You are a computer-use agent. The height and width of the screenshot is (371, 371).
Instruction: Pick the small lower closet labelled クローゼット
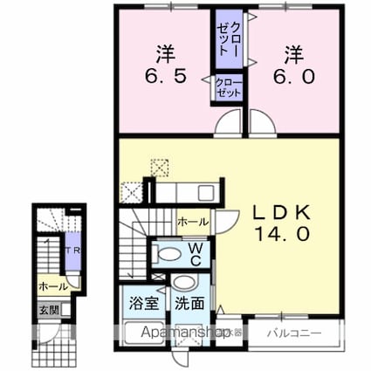pos(229,88)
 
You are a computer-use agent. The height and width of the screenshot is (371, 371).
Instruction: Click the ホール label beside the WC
pos(192,223)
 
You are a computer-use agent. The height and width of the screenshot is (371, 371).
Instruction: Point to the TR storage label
pos(75,251)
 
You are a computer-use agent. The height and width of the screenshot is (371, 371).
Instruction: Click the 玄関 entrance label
pos(46,309)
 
